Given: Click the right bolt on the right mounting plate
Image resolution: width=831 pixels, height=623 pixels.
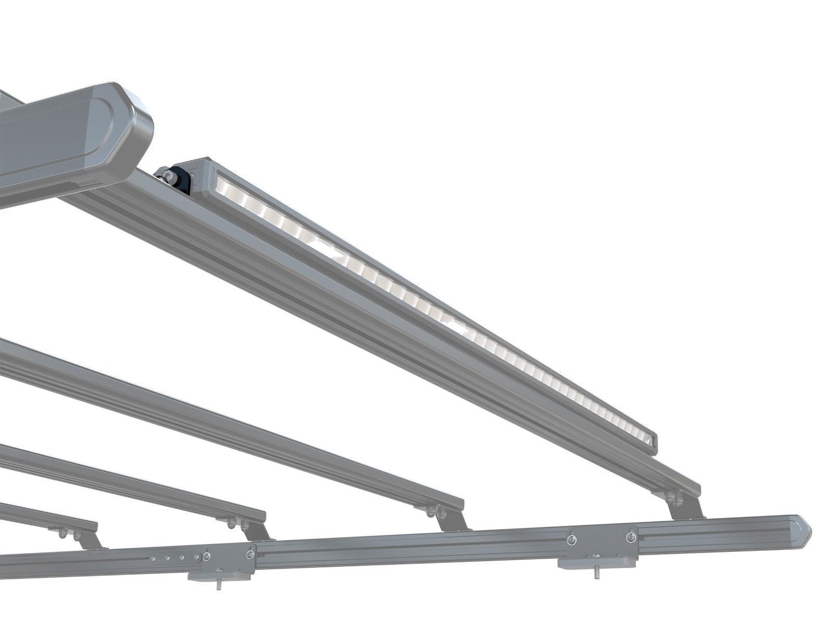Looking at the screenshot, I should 631,536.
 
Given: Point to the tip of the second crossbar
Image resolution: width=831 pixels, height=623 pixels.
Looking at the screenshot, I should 460,503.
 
